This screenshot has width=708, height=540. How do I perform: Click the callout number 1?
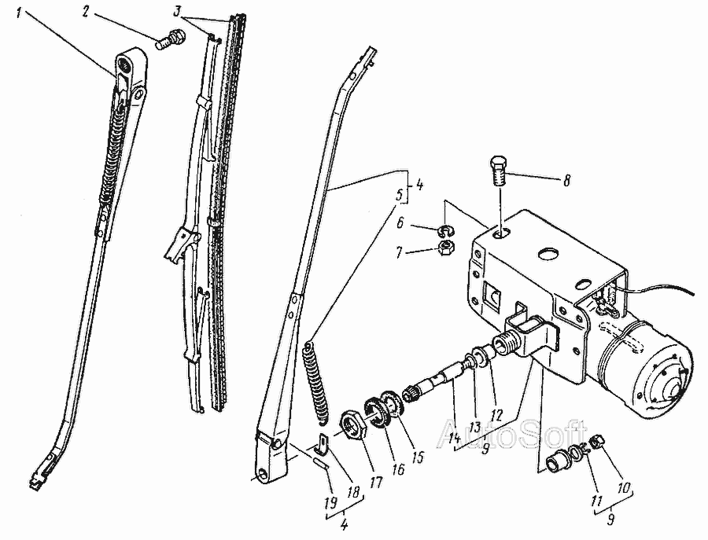[18, 12]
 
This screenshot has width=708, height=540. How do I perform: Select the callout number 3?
[178, 11]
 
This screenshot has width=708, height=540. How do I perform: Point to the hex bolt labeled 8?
[500, 173]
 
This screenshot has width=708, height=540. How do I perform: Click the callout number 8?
[566, 181]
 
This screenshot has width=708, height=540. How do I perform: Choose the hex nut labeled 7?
[447, 248]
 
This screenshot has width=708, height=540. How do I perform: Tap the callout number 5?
[399, 196]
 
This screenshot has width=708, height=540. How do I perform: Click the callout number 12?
[496, 415]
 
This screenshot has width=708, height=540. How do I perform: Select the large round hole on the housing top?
[548, 254]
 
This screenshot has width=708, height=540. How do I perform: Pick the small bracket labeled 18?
[322, 443]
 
